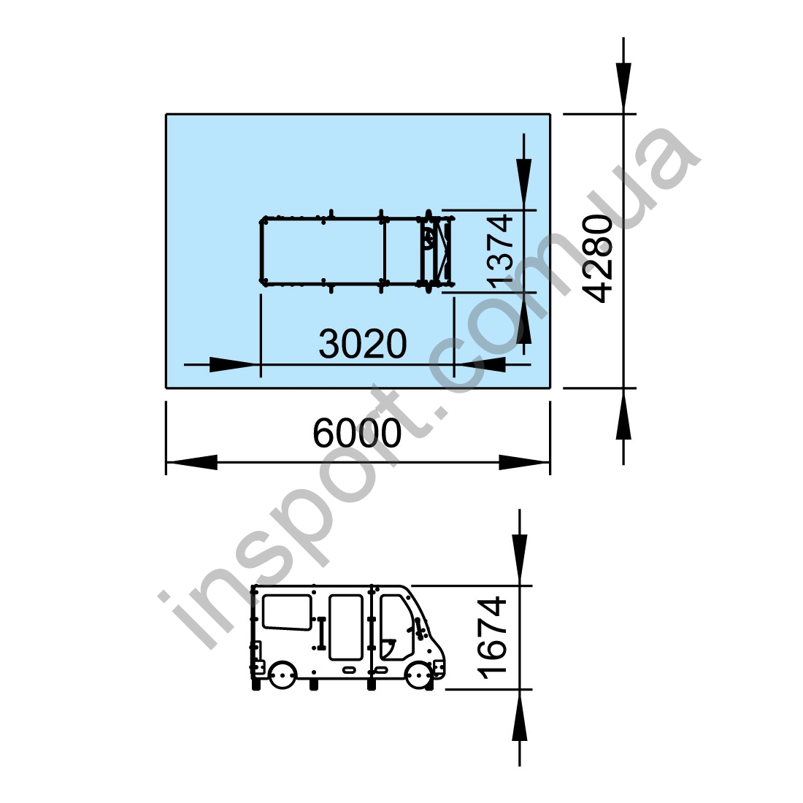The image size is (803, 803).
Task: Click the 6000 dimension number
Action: pyautogui.click(x=357, y=433)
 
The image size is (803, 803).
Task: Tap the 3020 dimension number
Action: pyautogui.click(x=363, y=344)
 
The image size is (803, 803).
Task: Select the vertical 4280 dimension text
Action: pyautogui.click(x=598, y=259)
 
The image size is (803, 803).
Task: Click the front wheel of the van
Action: pyautogui.click(x=419, y=675)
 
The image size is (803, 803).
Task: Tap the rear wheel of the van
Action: pyautogui.click(x=283, y=675)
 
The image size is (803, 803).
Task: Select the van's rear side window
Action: pyautogui.click(x=287, y=612)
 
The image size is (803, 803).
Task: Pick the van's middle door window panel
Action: pyautogui.click(x=346, y=627)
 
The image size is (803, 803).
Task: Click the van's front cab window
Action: pyautogui.click(x=396, y=627)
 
